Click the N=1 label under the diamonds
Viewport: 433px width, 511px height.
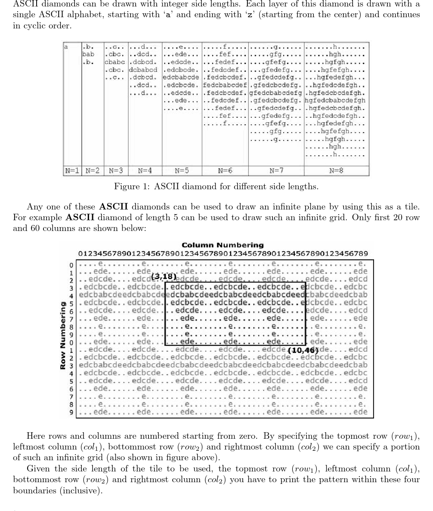point(72,171)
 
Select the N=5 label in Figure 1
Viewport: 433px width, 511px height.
point(182,171)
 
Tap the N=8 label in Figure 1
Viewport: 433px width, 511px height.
point(336,171)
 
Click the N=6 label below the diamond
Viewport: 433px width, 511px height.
point(225,171)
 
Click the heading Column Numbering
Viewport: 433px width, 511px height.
point(223,245)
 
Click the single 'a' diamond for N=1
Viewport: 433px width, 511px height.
point(67,46)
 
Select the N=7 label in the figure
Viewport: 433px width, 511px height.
point(276,171)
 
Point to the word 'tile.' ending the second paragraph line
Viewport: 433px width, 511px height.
point(411,207)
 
